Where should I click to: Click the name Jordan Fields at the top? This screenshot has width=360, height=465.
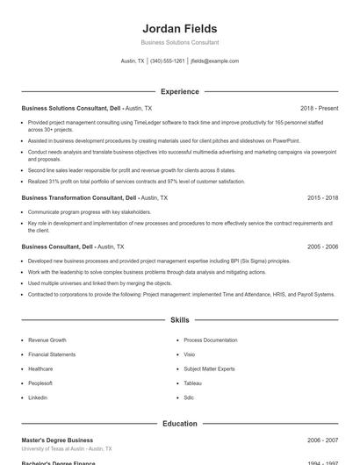[180, 28]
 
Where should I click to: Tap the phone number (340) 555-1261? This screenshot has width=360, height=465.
[168, 61]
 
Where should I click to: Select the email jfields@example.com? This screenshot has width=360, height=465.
[215, 61]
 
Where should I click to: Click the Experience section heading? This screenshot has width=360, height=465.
[180, 91]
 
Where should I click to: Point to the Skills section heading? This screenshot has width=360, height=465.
[180, 321]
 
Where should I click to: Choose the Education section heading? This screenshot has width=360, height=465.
[180, 424]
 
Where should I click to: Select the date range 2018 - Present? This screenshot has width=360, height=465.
[319, 108]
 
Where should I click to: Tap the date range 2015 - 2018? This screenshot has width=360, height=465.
[322, 198]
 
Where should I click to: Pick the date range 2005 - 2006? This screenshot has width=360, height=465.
[322, 247]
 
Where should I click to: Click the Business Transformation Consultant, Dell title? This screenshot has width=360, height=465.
[79, 198]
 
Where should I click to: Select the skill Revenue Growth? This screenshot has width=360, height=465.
[47, 340]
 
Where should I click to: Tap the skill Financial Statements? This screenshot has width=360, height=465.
[52, 354]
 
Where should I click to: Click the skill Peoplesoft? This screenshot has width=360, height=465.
[40, 383]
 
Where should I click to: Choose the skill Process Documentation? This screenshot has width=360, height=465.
[211, 340]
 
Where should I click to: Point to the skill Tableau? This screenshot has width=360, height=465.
[193, 383]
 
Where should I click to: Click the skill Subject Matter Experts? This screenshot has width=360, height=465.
[209, 368]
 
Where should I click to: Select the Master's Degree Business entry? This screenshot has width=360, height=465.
[57, 440]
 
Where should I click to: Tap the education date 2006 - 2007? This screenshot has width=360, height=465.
[322, 440]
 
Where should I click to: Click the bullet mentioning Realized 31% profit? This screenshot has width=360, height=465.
[136, 181]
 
